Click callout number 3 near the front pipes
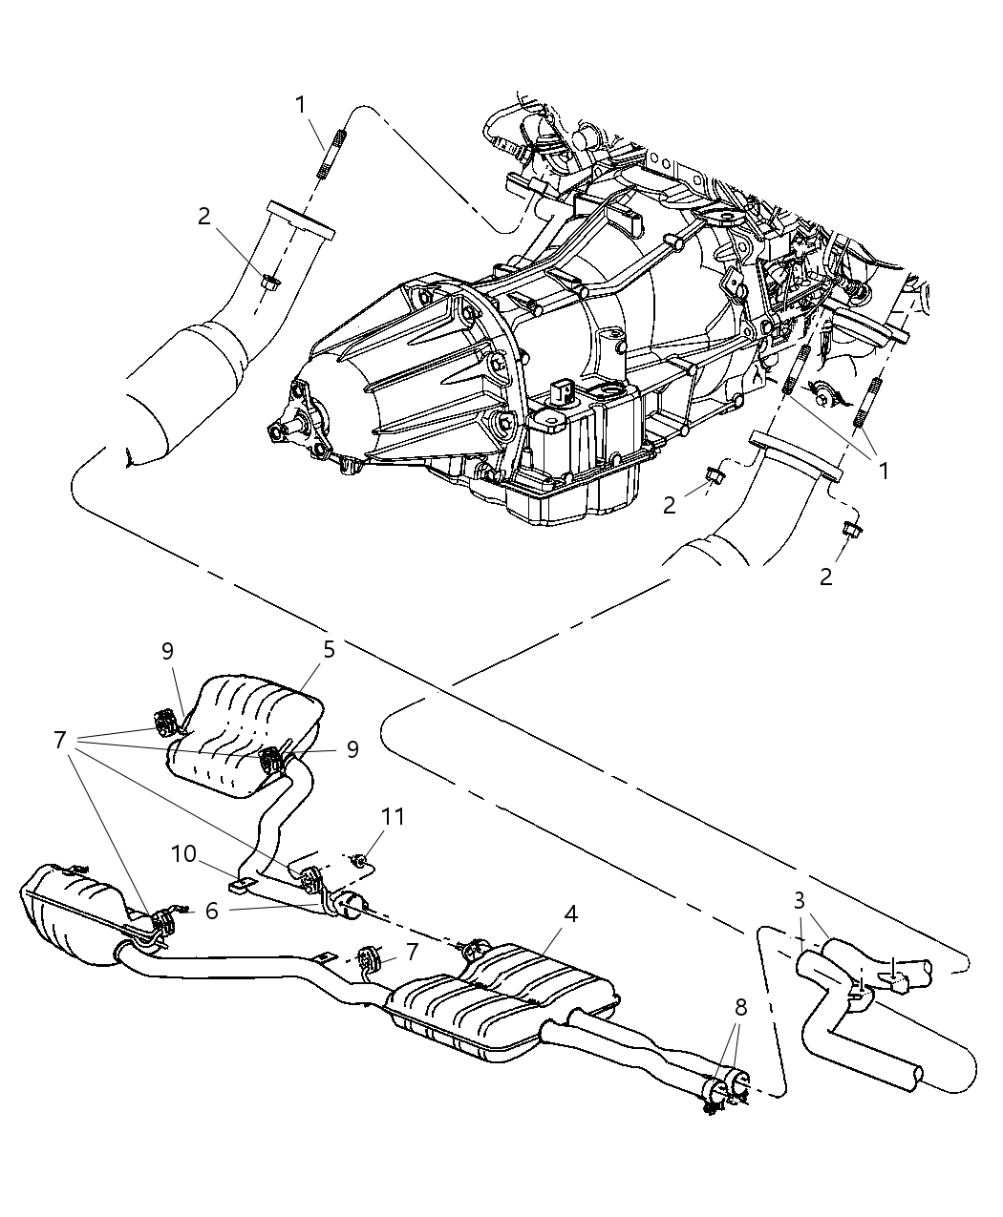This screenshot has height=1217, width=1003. tap(799, 899)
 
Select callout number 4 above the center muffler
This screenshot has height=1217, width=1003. tap(570, 913)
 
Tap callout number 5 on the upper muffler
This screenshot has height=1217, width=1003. tap(329, 650)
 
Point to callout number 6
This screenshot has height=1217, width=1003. tap(211, 911)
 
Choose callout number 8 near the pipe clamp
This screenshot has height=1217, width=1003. tap(741, 1007)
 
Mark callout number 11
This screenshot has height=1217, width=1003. tap(394, 817)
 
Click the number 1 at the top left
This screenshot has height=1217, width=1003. tap(301, 104)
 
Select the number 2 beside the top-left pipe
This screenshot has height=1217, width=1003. tap(203, 217)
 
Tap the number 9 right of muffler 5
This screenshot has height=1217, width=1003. tap(352, 749)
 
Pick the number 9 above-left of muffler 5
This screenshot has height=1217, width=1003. tap(167, 651)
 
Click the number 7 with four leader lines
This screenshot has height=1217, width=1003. tap(60, 740)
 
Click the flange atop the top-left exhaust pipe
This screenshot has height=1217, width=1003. tap(301, 219)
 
